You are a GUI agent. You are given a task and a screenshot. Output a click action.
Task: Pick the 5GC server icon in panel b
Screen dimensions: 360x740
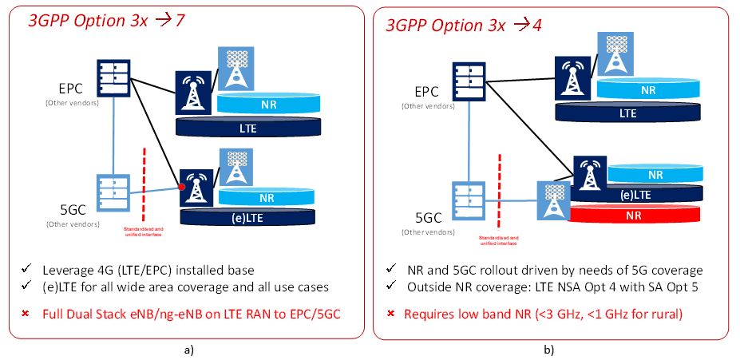469,200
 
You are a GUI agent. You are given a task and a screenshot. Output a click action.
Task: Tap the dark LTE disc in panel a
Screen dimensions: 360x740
248,126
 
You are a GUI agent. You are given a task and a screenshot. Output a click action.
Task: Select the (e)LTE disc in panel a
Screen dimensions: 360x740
247,216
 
